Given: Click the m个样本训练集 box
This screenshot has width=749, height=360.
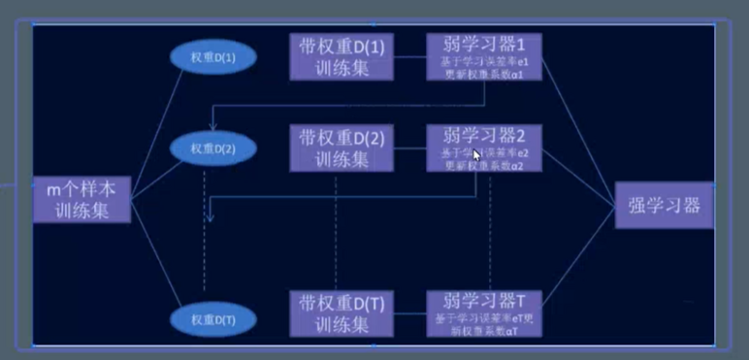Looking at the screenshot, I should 81,199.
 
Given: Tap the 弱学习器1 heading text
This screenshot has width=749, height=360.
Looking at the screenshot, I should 483,45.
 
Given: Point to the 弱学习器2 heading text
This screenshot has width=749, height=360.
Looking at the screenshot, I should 483,135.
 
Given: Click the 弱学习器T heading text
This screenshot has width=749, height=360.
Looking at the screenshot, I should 483,300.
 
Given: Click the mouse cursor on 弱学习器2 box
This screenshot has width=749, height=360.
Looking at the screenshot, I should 476,153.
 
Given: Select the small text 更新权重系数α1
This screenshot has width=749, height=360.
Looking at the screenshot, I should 483,74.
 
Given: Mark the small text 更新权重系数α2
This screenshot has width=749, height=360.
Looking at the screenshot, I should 483,165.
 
